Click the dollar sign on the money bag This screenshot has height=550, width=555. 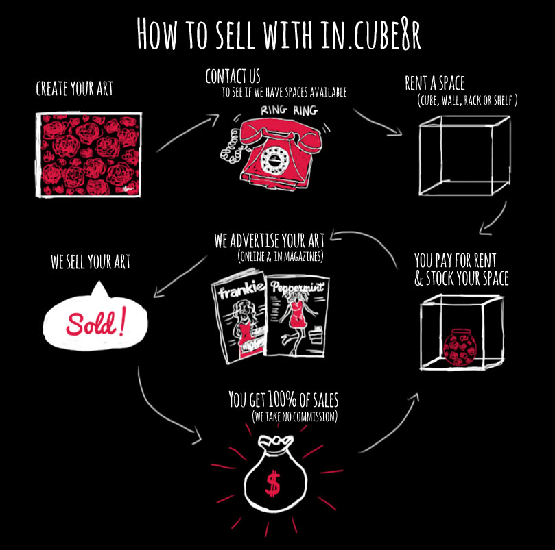[x=272, y=483]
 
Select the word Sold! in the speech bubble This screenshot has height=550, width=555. [x=95, y=323]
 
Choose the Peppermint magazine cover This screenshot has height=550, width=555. [x=297, y=316]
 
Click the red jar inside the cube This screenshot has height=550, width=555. [x=460, y=347]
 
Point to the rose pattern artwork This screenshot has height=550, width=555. [x=88, y=155]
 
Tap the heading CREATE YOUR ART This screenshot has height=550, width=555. [x=74, y=88]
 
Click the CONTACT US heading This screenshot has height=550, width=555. [x=233, y=76]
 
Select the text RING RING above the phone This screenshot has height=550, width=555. [x=290, y=110]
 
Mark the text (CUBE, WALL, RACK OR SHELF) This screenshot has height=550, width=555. [x=467, y=101]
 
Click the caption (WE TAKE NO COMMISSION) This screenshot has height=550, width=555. [x=294, y=416]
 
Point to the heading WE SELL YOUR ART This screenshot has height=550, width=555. [x=91, y=262]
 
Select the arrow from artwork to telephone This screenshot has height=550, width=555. [x=187, y=132]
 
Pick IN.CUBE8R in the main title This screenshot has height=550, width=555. [x=371, y=34]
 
